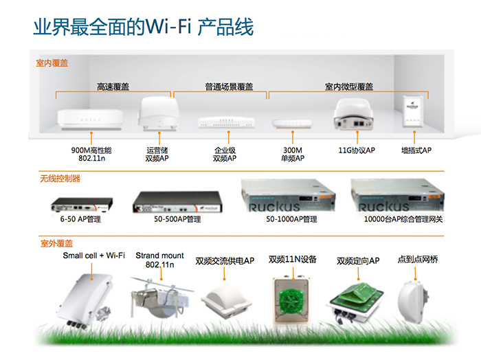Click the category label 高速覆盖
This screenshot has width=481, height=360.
click(113, 87)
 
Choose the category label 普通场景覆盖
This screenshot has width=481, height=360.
click(221, 87)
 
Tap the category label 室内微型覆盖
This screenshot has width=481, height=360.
click(349, 87)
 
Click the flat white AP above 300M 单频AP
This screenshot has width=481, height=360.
click(289, 124)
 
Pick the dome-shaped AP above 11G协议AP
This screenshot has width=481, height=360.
click(355, 114)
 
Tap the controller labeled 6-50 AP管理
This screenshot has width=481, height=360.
click(82, 204)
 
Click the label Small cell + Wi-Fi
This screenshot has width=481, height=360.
click(94, 256)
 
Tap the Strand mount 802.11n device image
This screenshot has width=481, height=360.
click(160, 296)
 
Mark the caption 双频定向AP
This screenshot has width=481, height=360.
click(358, 261)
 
